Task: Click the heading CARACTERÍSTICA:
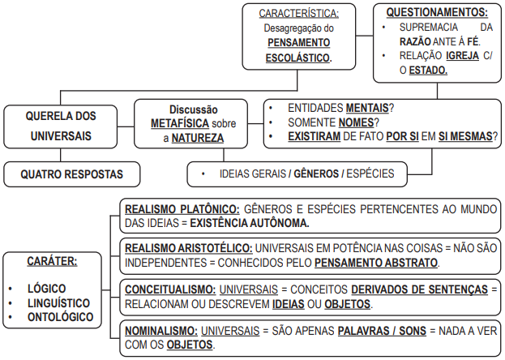[298, 14]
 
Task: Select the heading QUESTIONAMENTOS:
[437, 13]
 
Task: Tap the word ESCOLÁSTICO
[298, 59]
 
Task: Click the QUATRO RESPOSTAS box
[71, 174]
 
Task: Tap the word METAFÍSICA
[180, 123]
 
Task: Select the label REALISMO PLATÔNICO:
[182, 209]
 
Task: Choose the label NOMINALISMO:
[160, 331]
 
